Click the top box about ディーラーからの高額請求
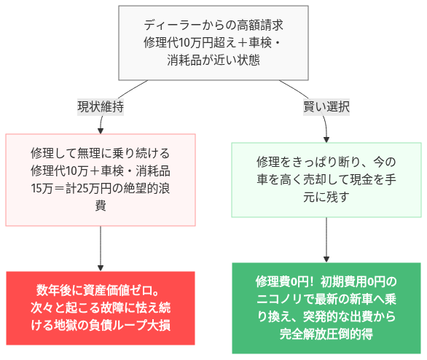[212, 43]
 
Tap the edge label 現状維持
[100, 106]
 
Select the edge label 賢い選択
[326, 106]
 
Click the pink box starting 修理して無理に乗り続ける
[101, 180]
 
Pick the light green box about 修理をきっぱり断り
[326, 179]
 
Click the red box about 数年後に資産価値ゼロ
[101, 308]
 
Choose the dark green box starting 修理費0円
[326, 308]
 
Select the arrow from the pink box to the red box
[101, 248]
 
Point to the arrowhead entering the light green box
[326, 138]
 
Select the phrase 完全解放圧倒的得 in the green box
[326, 334]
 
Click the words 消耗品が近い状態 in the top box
[212, 60]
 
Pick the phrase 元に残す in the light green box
[326, 197]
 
